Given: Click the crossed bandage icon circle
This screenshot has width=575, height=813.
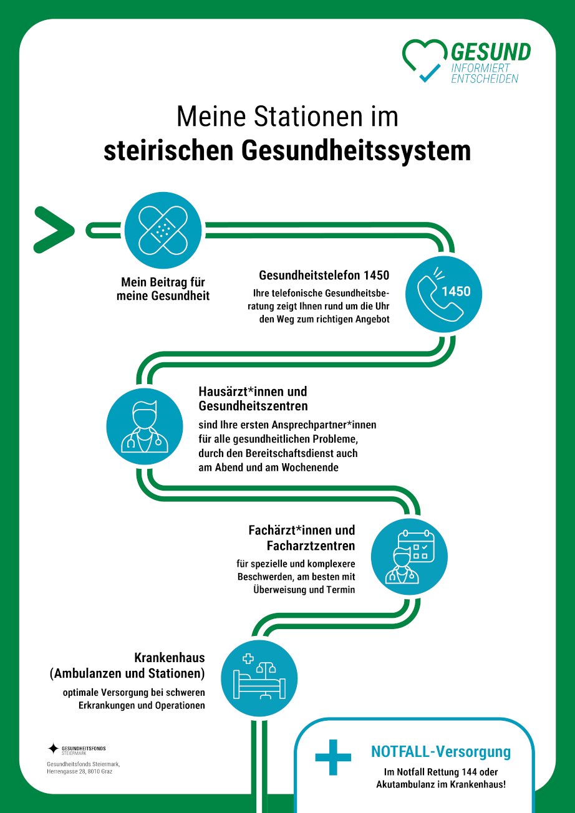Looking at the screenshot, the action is click(163, 230).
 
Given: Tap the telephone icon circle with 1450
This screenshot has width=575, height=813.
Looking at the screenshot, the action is click(443, 294).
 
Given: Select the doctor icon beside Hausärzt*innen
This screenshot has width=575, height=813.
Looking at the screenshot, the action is click(145, 426).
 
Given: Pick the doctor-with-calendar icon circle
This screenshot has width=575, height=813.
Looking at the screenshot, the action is click(409, 556).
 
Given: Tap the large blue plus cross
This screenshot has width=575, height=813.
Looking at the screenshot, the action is click(333, 757).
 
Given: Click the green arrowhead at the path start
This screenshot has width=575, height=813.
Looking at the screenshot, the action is click(54, 229).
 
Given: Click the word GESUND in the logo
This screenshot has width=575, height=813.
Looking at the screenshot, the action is click(491, 52).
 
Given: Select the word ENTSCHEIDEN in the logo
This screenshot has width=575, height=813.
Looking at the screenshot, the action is click(485, 79).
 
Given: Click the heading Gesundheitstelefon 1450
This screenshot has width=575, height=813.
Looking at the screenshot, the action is click(324, 276).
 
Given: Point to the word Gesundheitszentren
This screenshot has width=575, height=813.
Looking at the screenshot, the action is click(253, 406).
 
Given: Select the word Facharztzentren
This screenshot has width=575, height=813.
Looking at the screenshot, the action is click(311, 546).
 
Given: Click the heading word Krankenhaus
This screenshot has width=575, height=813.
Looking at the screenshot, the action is click(170, 657).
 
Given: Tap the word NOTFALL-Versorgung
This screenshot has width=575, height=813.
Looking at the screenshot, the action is click(441, 751).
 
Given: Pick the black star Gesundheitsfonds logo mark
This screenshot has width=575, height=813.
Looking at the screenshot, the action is click(54, 748).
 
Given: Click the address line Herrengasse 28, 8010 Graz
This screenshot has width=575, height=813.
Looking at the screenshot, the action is click(79, 771).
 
